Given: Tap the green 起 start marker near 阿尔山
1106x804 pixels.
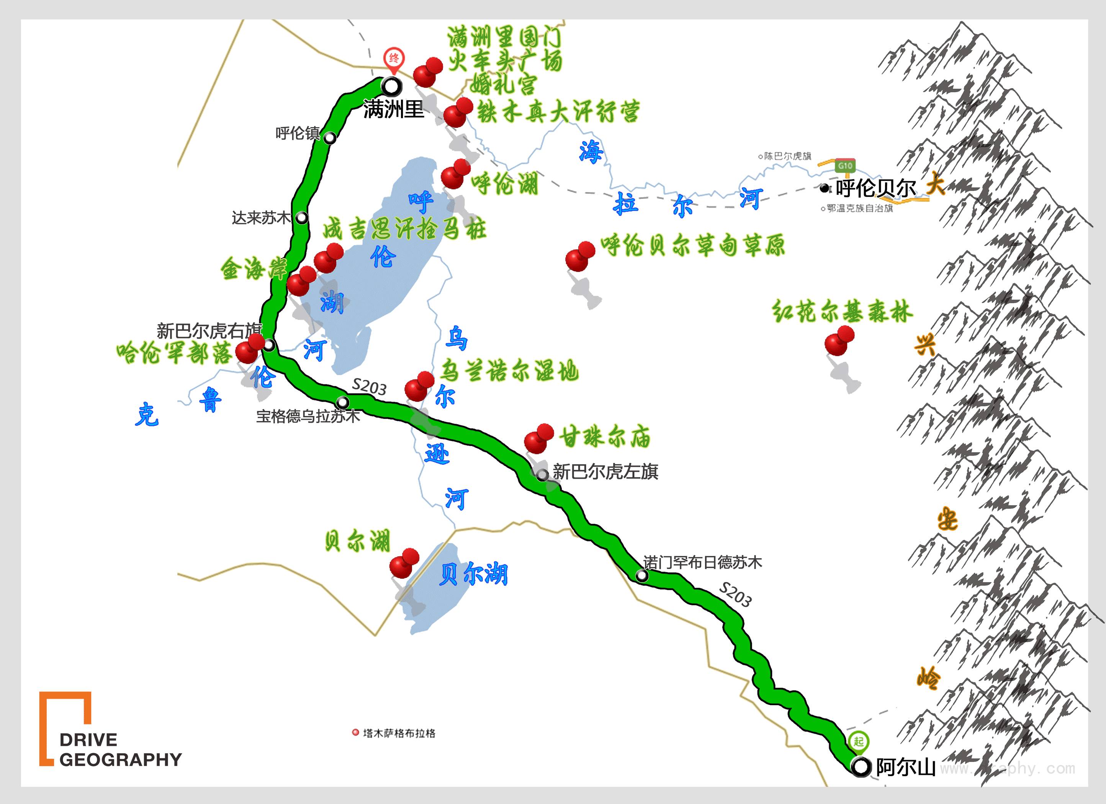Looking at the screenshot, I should pyautogui.click(x=858, y=742).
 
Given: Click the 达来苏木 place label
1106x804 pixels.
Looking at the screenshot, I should pyautogui.click(x=261, y=217).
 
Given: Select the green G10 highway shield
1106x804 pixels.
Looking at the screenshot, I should pyautogui.click(x=845, y=166).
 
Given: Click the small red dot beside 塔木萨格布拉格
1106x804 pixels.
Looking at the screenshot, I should pyautogui.click(x=355, y=733).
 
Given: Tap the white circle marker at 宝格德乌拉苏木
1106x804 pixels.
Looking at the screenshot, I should pyautogui.click(x=343, y=402).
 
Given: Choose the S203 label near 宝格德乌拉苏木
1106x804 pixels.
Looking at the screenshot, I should pyautogui.click(x=369, y=387).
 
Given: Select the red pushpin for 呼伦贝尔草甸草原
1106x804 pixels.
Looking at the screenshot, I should pyautogui.click(x=580, y=257).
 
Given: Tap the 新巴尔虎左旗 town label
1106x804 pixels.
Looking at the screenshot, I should pyautogui.click(x=605, y=471).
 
